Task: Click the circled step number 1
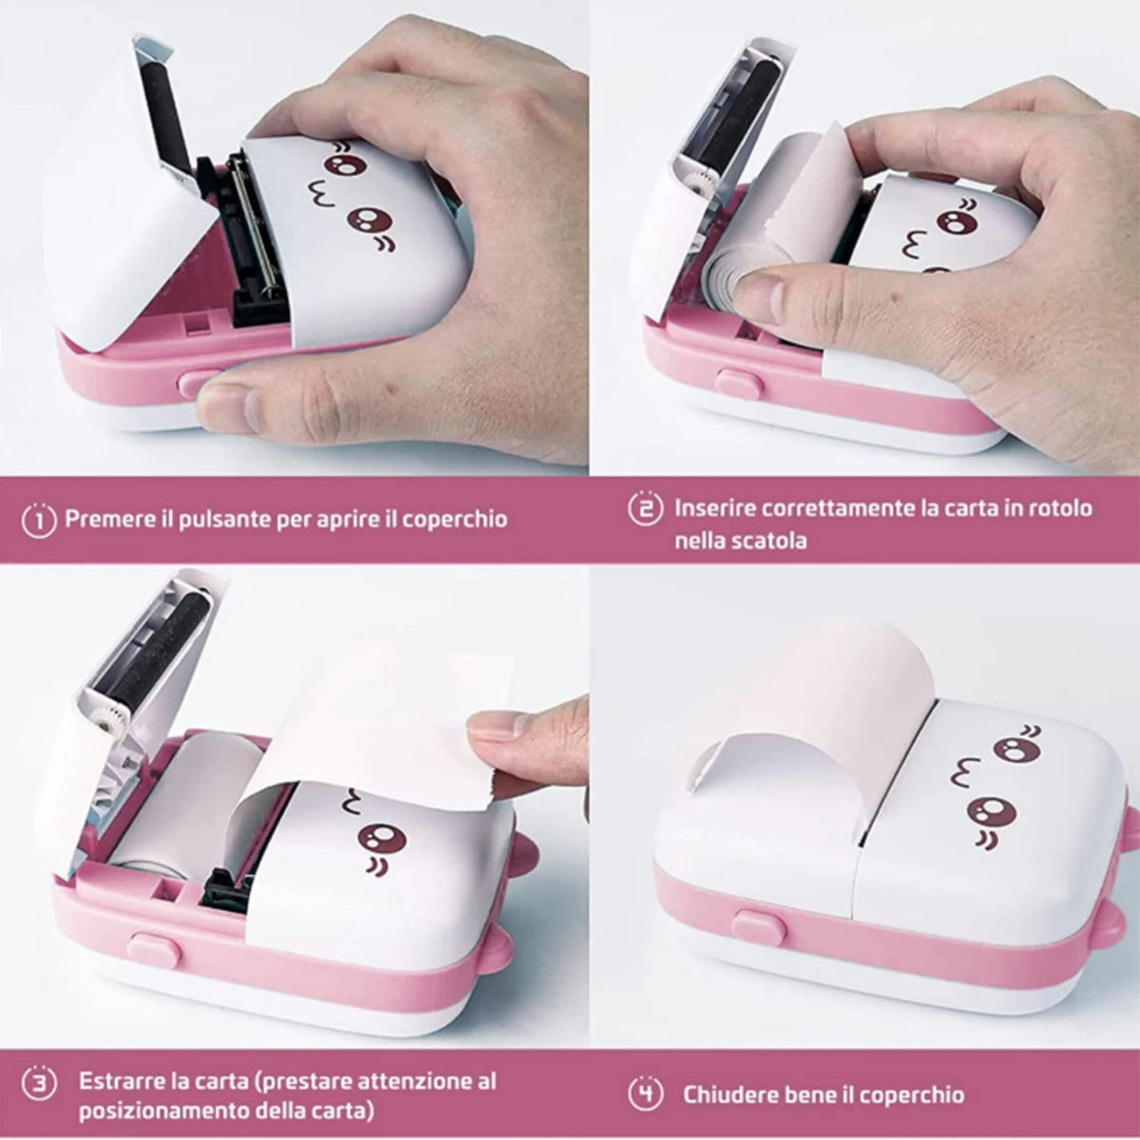point(40,520)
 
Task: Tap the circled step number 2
point(645,508)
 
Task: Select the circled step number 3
point(39,1082)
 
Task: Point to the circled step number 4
point(646,1094)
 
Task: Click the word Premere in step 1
point(104,520)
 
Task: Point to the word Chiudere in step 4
point(727,1094)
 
